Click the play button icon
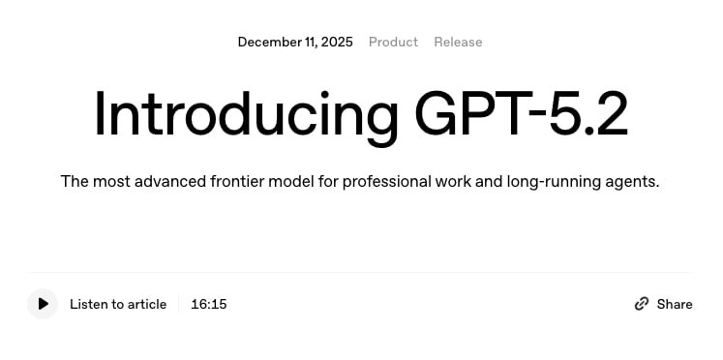tap(43, 304)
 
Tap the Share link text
tap(675, 304)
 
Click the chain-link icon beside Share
tap(642, 304)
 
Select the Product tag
tap(393, 42)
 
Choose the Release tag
tap(458, 42)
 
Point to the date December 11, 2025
tap(295, 42)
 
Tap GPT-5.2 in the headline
tap(522, 114)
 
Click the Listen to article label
tap(118, 304)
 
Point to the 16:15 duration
tap(209, 304)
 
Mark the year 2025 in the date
tap(337, 42)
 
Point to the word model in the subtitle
tap(293, 181)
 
